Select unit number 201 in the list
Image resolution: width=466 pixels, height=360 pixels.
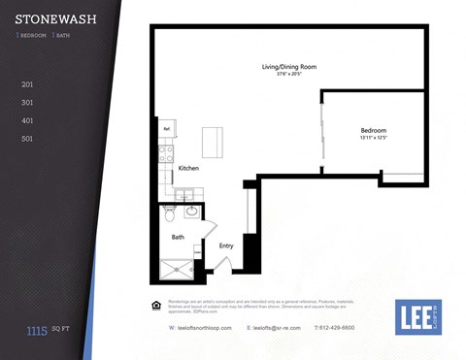(27, 84)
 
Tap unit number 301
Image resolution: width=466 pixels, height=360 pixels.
(27, 102)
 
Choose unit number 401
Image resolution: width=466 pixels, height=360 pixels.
(27, 120)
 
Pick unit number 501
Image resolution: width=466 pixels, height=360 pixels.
(27, 139)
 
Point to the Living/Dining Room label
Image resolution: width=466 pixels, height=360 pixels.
(289, 67)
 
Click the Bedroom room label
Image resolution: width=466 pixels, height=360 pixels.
(374, 130)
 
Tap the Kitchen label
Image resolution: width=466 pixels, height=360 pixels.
(188, 168)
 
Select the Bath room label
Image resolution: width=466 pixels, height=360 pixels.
(179, 237)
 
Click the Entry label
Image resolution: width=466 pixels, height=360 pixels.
(226, 245)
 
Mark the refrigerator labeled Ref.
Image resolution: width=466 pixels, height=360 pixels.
(167, 128)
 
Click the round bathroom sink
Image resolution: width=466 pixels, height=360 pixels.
(191, 209)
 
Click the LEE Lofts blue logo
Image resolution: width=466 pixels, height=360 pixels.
(417, 317)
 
